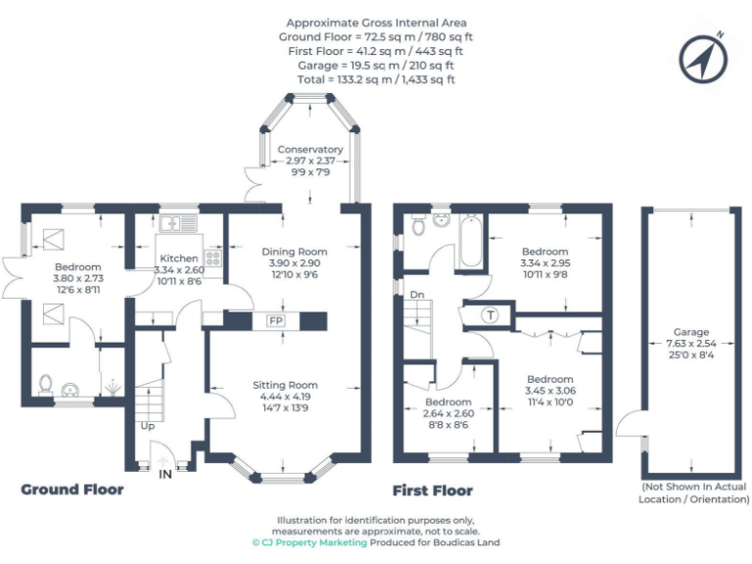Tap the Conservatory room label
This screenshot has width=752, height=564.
310,149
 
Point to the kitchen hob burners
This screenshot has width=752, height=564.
212,259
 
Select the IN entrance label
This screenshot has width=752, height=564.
164,473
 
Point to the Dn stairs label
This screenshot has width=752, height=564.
416,294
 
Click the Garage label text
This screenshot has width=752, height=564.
690,332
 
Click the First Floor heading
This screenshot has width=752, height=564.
432,491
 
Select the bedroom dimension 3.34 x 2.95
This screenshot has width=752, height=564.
544,264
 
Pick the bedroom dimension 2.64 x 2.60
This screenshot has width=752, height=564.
448,414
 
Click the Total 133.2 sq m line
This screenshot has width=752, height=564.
377,79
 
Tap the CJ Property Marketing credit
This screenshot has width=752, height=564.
309,541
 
